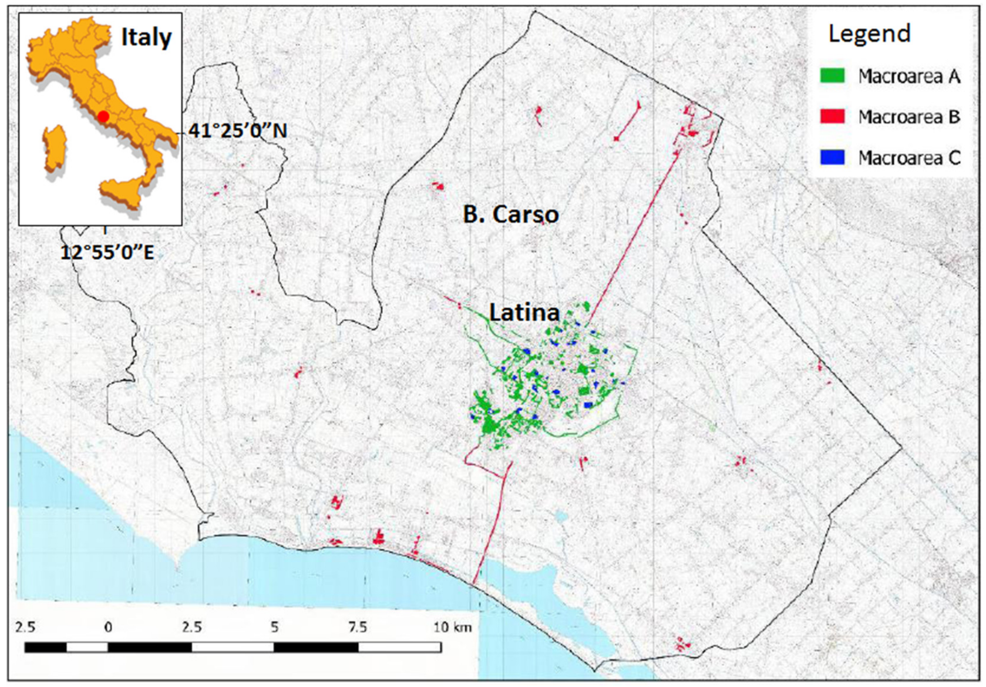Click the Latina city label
[524, 313]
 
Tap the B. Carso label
[510, 214]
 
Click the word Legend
[869, 33]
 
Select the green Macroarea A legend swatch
[832, 75]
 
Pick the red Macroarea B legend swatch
[832, 116]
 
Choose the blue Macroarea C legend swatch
[832, 157]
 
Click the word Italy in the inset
[146, 38]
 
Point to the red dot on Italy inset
[103, 116]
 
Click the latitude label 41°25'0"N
[238, 130]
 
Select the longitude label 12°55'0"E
[107, 253]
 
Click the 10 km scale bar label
[452, 627]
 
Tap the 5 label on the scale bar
[274, 627]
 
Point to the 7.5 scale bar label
[358, 627]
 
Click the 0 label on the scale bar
[108, 627]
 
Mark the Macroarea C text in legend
[909, 157]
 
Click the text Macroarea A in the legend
[909, 76]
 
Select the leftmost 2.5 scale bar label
[25, 627]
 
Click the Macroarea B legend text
[909, 117]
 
